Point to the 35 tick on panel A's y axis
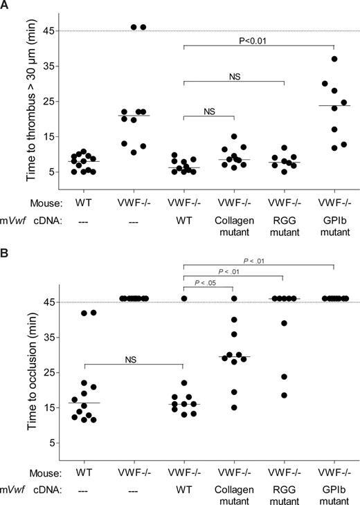pos(42,66)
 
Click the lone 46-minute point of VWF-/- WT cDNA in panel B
pos(186,298)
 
